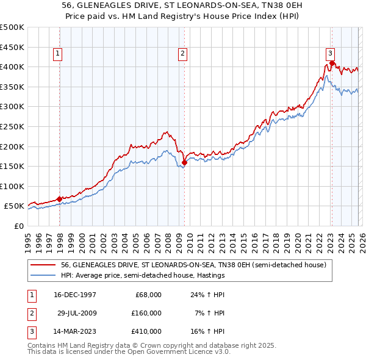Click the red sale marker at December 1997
coord(59,198)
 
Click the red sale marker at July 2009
coord(184,162)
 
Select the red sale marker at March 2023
coord(331,62)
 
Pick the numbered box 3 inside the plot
coord(330,52)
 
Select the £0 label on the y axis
coord(18,226)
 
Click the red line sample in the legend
coord(43,265)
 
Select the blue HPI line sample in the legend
coord(43,276)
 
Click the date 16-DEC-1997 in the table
coord(75,295)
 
